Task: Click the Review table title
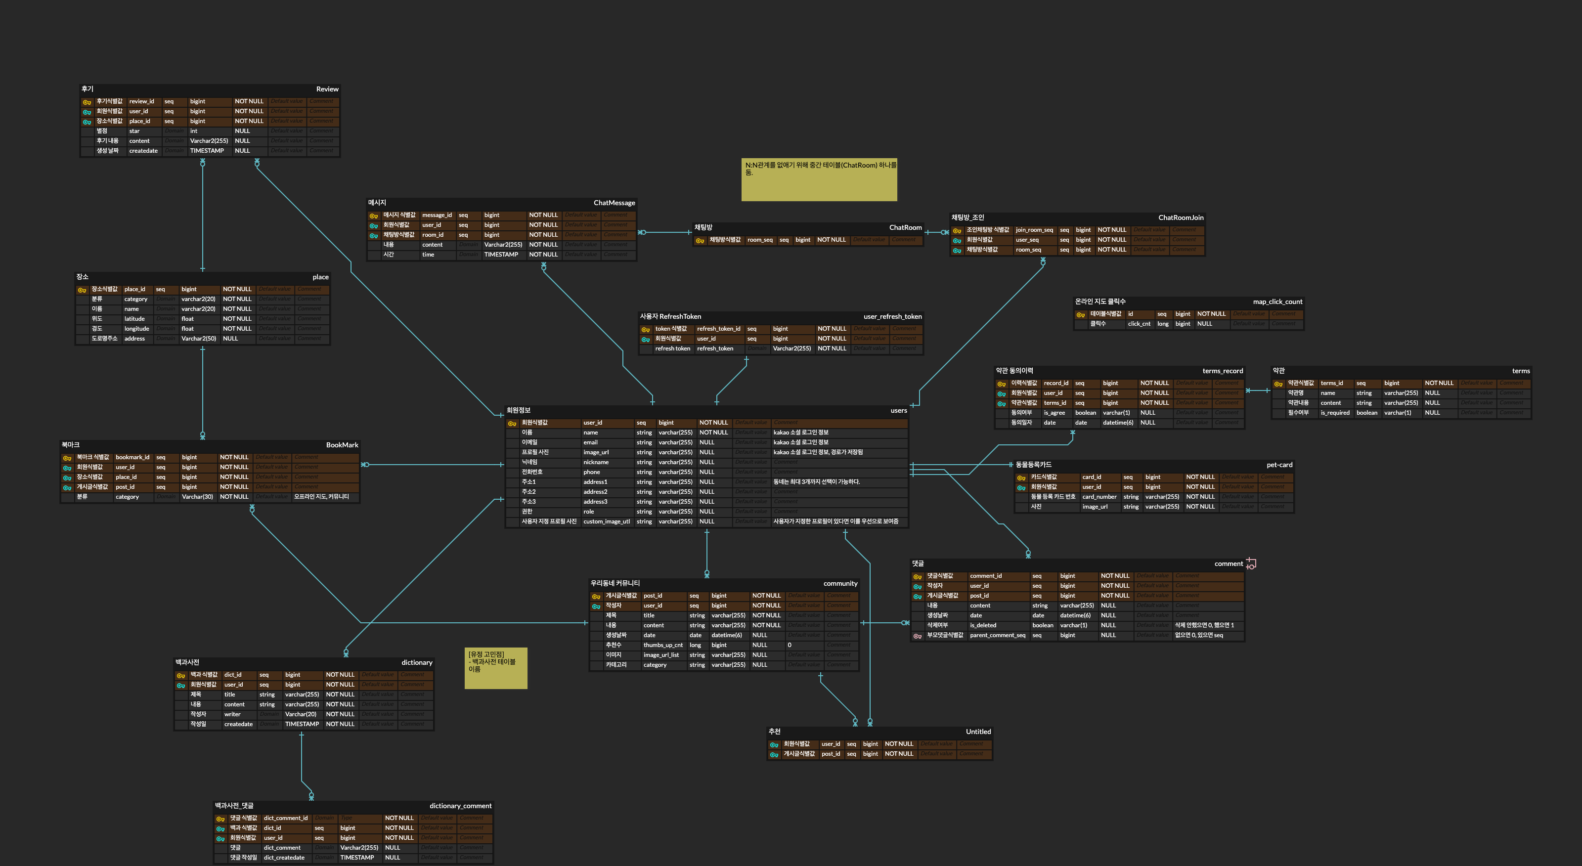tap(327, 89)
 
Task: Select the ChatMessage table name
tap(614, 203)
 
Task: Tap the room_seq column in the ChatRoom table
tap(760, 240)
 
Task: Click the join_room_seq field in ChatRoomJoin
tap(1034, 230)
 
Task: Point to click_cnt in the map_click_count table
tap(1139, 324)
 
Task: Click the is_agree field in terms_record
tap(1054, 413)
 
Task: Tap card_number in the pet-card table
tap(1099, 497)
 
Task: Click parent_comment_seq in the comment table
tap(997, 636)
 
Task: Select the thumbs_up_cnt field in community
tap(662, 646)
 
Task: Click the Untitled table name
tap(978, 732)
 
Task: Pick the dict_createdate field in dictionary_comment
tap(284, 858)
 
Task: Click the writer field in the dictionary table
tap(232, 715)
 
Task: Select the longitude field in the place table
tap(136, 329)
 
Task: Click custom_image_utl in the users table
tap(606, 522)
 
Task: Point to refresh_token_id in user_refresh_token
tap(718, 329)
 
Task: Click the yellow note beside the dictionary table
tap(495, 668)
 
